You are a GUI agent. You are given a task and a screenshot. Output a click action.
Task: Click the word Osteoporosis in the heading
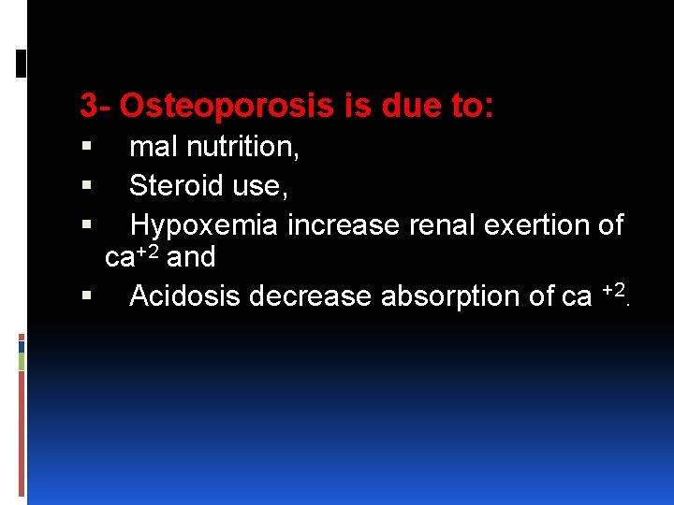click(226, 107)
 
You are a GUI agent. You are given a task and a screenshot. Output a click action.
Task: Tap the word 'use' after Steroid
click(258, 187)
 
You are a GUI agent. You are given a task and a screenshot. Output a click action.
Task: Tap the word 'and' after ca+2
click(191, 257)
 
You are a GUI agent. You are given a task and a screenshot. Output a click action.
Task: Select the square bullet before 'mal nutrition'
click(87, 148)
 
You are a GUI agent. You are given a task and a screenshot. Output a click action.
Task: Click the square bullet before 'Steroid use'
click(87, 187)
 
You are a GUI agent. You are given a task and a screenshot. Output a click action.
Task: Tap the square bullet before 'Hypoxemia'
click(87, 226)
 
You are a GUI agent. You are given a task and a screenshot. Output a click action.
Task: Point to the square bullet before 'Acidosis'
click(87, 297)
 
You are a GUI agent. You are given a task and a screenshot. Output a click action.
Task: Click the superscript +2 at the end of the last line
click(613, 291)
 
